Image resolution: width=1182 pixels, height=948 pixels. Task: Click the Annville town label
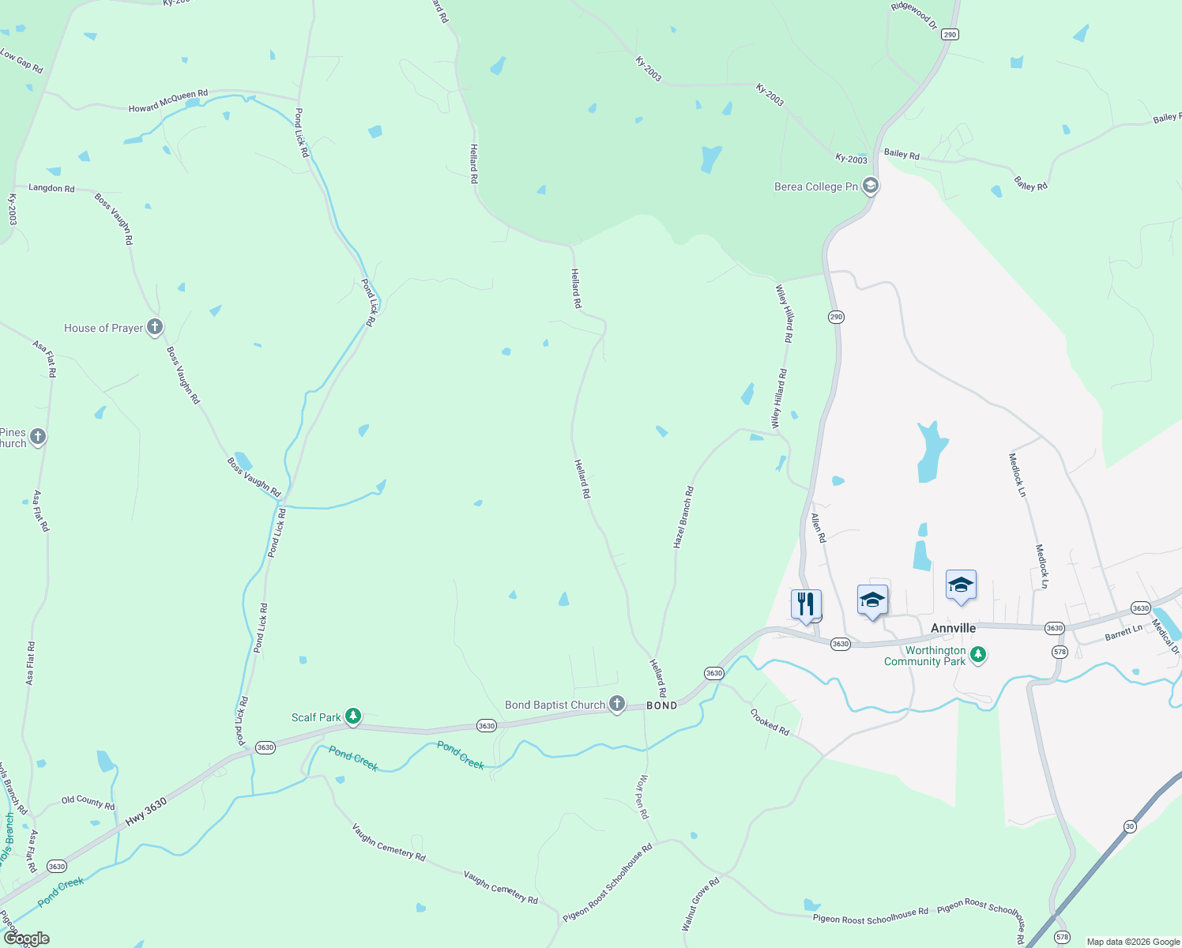[953, 628]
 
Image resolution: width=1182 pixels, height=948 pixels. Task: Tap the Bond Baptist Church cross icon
[617, 704]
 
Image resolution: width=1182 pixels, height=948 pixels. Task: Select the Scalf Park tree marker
[353, 717]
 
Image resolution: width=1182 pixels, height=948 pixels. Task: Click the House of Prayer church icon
[155, 326]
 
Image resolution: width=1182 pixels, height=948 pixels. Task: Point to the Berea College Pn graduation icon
[871, 186]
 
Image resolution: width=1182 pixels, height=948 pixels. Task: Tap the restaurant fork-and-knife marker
[806, 604]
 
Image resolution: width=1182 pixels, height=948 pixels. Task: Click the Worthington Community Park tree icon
[978, 654]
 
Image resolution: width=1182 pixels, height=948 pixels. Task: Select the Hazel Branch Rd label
[683, 517]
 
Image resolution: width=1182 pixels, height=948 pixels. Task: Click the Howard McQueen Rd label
[168, 101]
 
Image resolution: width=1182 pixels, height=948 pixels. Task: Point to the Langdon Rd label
[51, 188]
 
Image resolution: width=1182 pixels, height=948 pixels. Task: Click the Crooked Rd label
[770, 721]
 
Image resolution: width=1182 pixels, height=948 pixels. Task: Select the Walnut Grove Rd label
[700, 904]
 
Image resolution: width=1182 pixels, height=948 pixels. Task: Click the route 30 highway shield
[1130, 826]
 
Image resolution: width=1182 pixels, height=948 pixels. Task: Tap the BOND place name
[662, 705]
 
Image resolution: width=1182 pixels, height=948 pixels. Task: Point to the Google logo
[26, 939]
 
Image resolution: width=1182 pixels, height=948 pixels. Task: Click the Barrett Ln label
[1124, 633]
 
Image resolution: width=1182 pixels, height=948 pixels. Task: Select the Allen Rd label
[819, 528]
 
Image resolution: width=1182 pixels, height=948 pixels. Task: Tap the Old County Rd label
[88, 803]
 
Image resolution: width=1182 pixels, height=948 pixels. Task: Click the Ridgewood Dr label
[913, 16]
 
